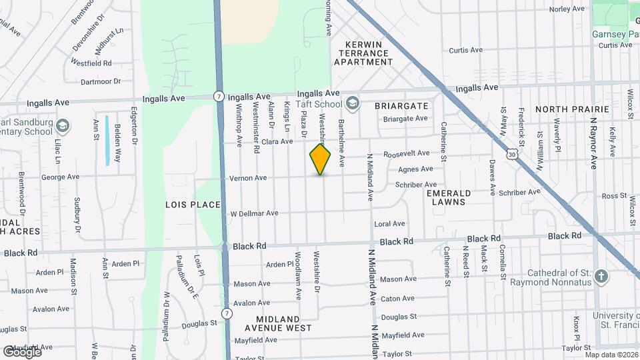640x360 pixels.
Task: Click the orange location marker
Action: pyautogui.click(x=320, y=159)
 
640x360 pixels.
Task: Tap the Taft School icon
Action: pyautogui.click(x=352, y=103)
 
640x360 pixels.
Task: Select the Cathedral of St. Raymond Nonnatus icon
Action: pyautogui.click(x=601, y=277)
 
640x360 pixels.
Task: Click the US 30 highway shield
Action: pyautogui.click(x=511, y=153)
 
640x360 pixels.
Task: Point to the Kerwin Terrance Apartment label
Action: pyautogui.click(x=363, y=53)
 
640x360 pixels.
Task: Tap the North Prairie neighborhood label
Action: pyautogui.click(x=572, y=109)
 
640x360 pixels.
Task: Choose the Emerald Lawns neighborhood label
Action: pyautogui.click(x=449, y=197)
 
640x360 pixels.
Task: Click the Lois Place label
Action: pyautogui.click(x=193, y=205)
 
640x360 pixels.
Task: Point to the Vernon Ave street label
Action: pyautogui.click(x=248, y=178)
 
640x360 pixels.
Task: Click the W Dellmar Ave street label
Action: pyautogui.click(x=254, y=214)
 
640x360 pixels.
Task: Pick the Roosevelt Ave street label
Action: pyautogui.click(x=406, y=153)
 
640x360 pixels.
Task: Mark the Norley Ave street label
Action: pyautogui.click(x=567, y=9)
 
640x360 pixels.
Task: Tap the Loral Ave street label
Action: pyautogui.click(x=390, y=224)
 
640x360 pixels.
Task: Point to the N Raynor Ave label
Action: pyautogui.click(x=593, y=143)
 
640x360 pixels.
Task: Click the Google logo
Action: pyautogui.click(x=22, y=351)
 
